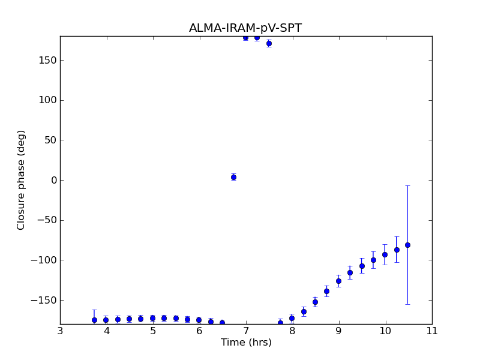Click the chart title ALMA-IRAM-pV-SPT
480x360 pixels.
click(245, 28)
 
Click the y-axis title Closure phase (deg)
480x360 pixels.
click(22, 180)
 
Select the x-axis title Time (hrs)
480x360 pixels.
click(245, 343)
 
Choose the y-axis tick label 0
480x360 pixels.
click(53, 180)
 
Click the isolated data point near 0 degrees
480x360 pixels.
click(233, 177)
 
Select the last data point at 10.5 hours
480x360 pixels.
click(407, 245)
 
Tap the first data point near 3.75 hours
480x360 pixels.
click(94, 320)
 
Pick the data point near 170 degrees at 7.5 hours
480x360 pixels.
click(269, 43)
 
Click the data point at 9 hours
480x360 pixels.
click(338, 281)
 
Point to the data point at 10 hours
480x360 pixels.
click(385, 254)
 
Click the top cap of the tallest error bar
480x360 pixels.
click(407, 185)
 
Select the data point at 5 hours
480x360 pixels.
click(152, 318)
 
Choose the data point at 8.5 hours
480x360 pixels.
click(315, 302)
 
